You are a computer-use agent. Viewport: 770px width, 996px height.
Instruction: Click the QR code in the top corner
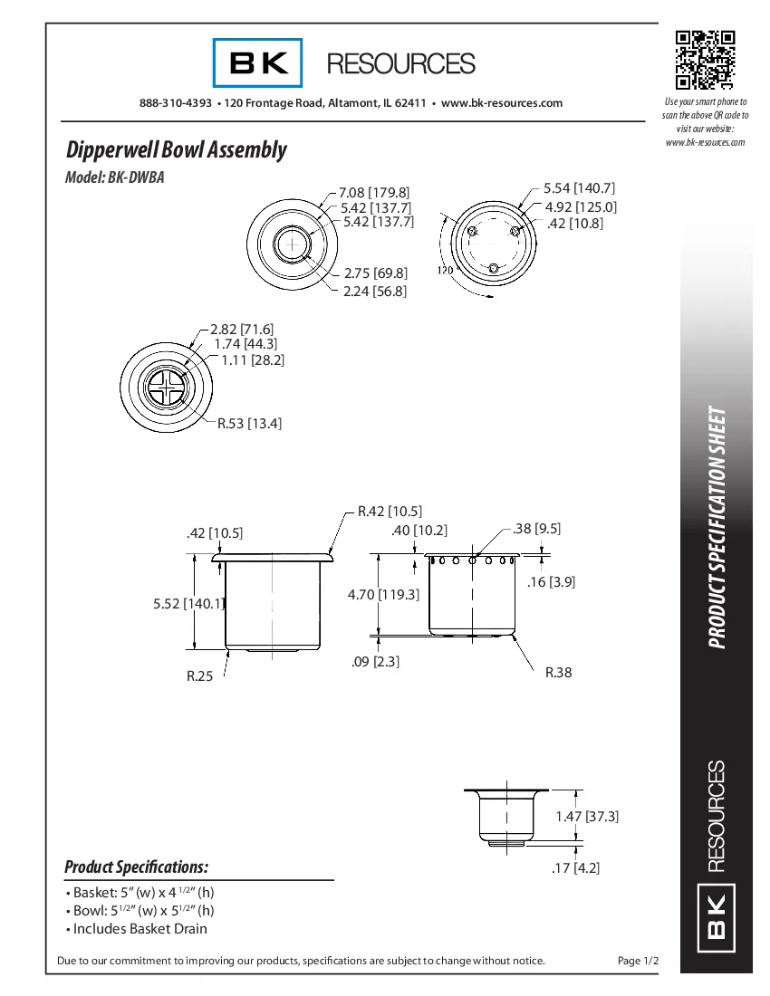[x=704, y=60]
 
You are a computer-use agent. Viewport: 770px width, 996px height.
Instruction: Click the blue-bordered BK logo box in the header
[x=258, y=63]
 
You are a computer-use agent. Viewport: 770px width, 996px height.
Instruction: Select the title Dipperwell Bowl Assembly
[x=177, y=149]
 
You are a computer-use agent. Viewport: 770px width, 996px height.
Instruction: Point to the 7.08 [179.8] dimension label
[x=374, y=193]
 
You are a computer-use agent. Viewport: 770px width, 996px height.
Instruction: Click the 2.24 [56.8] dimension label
[x=375, y=291]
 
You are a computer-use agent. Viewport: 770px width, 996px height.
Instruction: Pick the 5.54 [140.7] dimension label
[x=579, y=188]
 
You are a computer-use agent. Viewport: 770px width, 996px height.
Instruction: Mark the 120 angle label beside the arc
[x=445, y=270]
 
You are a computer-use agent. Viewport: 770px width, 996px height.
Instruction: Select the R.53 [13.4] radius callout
[x=249, y=423]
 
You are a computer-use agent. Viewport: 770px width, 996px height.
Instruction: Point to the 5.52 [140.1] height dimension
[x=189, y=603]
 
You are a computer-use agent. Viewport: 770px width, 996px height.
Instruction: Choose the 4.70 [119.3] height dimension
[x=384, y=595]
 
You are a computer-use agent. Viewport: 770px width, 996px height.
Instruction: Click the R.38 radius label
[x=558, y=673]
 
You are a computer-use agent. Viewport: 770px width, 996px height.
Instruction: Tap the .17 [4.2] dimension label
[x=575, y=867]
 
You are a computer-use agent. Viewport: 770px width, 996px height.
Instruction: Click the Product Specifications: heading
[x=136, y=867]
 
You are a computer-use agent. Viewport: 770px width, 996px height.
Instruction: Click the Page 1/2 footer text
[x=638, y=961]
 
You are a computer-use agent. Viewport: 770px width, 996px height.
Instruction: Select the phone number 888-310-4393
[x=176, y=103]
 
